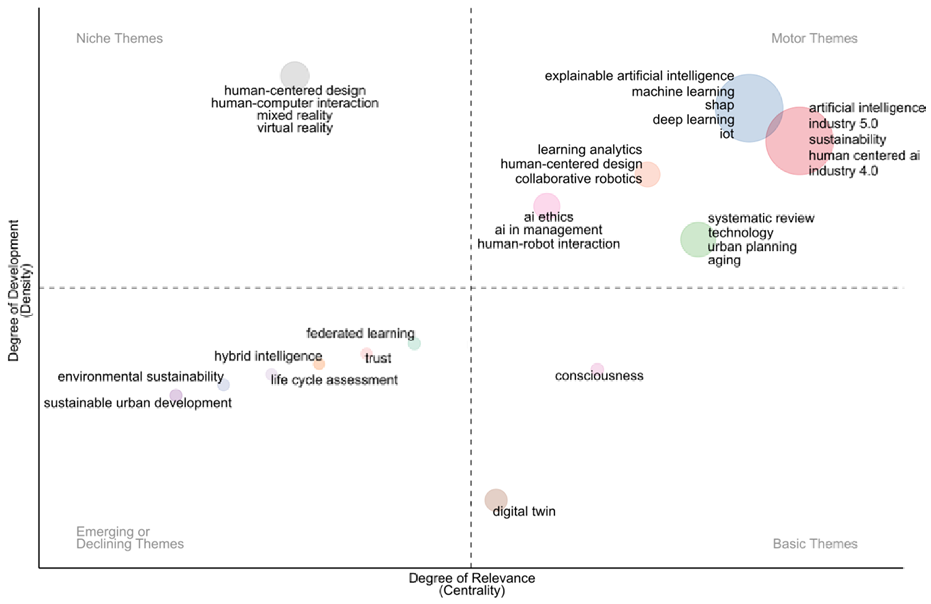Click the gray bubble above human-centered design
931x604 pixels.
tap(295, 76)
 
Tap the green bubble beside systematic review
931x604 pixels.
tap(698, 239)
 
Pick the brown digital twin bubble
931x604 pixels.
tap(496, 500)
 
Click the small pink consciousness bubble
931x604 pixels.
tap(597, 369)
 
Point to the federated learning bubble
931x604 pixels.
tap(414, 344)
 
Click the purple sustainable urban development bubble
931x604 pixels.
tap(176, 395)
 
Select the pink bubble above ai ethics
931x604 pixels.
tap(547, 205)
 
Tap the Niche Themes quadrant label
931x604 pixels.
tap(119, 38)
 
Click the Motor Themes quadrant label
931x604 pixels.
tap(814, 38)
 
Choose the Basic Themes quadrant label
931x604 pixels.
tap(815, 544)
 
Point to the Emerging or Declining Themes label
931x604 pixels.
tap(130, 538)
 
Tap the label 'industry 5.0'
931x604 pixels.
tap(843, 123)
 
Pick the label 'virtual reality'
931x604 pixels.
tap(295, 128)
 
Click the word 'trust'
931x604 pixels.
tap(378, 358)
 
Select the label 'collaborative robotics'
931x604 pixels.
tap(578, 178)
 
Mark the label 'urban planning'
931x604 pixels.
tap(752, 246)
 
